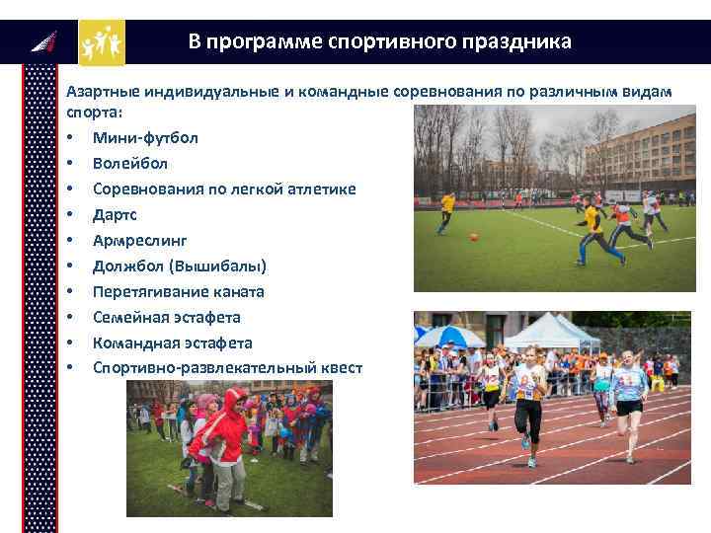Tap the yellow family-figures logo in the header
[102, 42]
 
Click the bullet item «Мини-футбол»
[145, 137]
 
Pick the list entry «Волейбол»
[130, 163]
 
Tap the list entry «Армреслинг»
[139, 240]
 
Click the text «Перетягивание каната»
[178, 291]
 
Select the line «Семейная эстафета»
[166, 317]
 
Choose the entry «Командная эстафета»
[172, 343]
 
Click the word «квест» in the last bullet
[340, 368]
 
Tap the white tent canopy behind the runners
[552, 329]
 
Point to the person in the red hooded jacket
[226, 434]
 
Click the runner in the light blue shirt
[628, 400]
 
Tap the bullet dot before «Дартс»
[71, 214]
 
